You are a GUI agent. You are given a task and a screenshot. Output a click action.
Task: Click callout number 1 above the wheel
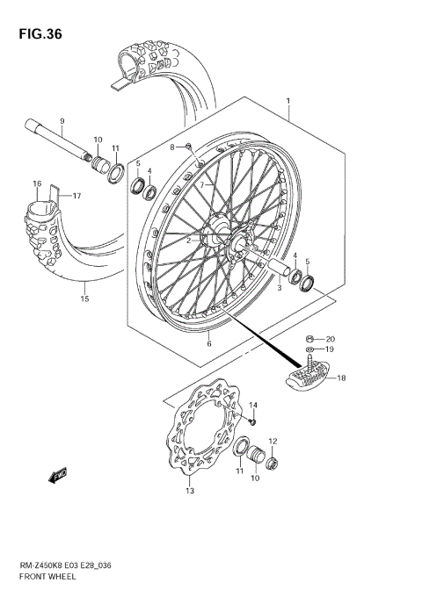[x=287, y=103]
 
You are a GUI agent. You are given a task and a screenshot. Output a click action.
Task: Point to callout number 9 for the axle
[x=62, y=120]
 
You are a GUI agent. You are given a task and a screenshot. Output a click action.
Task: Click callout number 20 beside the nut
[x=330, y=338]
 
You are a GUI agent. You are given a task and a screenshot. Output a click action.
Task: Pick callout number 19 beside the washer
[x=330, y=349]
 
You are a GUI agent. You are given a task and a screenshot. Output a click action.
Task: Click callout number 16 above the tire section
[x=37, y=183]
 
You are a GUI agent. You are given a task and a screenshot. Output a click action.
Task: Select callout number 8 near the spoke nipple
[x=173, y=146]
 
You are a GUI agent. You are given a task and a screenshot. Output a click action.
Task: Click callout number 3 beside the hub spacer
[x=279, y=287]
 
